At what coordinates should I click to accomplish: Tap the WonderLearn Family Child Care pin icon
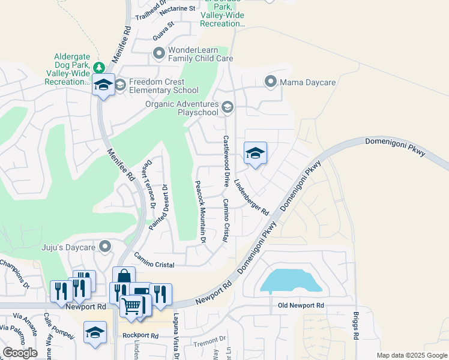coord(159,54)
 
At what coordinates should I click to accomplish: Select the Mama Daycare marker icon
coord(271,80)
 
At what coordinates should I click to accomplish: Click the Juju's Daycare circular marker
coord(106,247)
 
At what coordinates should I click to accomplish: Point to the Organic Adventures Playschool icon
coord(228,107)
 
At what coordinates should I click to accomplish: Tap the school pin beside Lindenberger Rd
coord(255,154)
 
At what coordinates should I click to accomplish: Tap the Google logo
coord(20,353)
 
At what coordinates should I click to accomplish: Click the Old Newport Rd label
coord(301,306)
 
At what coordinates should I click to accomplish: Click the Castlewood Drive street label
coord(227,160)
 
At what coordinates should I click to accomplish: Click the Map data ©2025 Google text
coord(411,355)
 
